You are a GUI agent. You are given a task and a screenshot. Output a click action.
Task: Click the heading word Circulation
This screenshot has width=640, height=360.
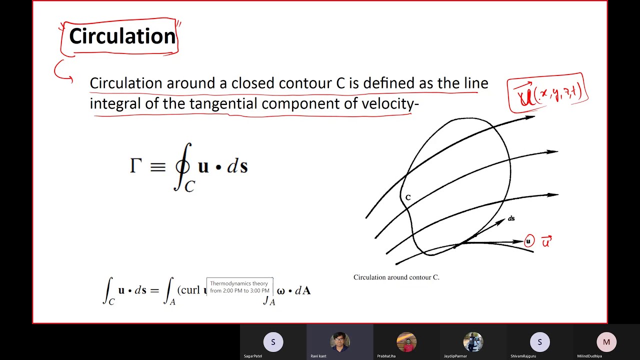coord(122,36)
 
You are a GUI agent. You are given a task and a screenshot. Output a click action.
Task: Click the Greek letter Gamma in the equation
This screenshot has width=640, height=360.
coord(135,165)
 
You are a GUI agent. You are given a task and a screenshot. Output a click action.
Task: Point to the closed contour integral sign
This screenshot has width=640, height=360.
coord(183,166)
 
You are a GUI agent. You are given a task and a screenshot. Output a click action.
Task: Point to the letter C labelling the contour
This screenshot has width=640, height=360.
coord(408,198)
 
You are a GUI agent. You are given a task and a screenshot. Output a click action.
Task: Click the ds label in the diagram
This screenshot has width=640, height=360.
coord(511,218)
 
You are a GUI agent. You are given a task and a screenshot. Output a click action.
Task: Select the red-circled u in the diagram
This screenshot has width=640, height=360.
coord(529,241)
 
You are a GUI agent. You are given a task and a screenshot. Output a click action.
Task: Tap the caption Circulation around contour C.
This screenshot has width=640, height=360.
coord(396,277)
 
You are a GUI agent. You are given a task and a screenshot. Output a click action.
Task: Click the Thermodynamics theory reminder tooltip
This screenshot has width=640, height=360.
coord(239,287)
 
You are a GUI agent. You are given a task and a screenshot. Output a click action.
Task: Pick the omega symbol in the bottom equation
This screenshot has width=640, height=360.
coord(280,290)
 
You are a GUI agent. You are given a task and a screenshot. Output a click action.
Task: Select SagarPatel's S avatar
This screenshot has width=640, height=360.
coord(273,342)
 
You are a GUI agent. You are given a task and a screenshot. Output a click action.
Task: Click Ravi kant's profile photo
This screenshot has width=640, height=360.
coord(339,342)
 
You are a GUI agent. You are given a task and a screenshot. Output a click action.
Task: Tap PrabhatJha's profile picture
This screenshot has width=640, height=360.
coord(406,342)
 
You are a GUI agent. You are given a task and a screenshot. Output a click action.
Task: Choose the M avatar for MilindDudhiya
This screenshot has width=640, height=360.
coord(606,342)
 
